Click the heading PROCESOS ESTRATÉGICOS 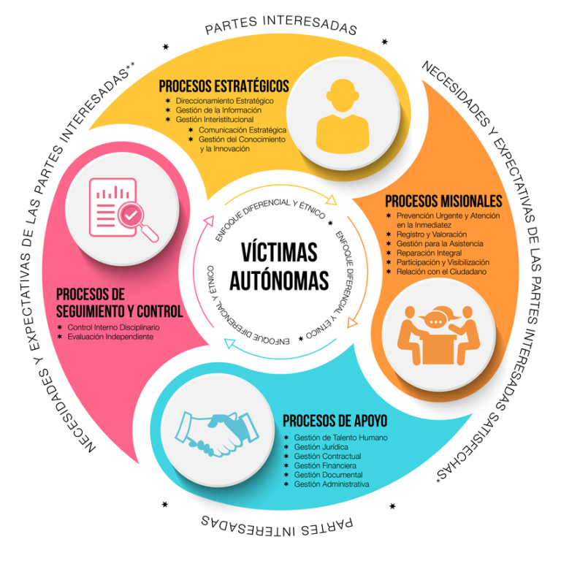(x=224, y=86)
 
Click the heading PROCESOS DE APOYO (x=335, y=421)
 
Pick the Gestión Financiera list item (x=325, y=465)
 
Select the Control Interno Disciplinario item (x=113, y=327)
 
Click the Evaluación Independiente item (x=110, y=337)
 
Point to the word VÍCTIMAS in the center (x=279, y=253)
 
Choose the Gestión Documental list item (x=327, y=475)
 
